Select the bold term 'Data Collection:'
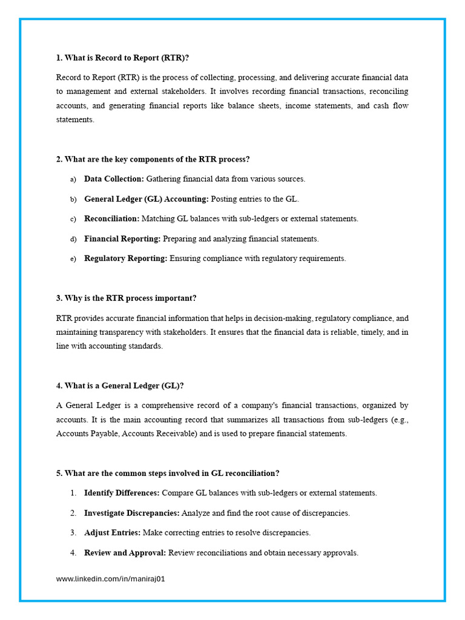[114, 179]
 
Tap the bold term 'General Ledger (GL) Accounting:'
[146, 199]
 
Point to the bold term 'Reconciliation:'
[111, 219]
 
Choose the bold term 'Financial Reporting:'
[122, 239]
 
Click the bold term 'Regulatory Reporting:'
[125, 259]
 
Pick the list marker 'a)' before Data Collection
[73, 179]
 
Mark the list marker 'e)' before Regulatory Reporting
[73, 259]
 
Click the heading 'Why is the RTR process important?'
[126, 298]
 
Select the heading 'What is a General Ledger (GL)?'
[120, 386]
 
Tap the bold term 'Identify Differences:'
[122, 493]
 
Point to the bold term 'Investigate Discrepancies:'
[131, 513]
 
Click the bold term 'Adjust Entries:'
[112, 533]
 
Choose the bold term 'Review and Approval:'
[125, 553]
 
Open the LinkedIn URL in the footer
[110, 579]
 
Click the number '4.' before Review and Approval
[73, 553]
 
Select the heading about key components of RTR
[153, 159]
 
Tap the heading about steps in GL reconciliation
[168, 473]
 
